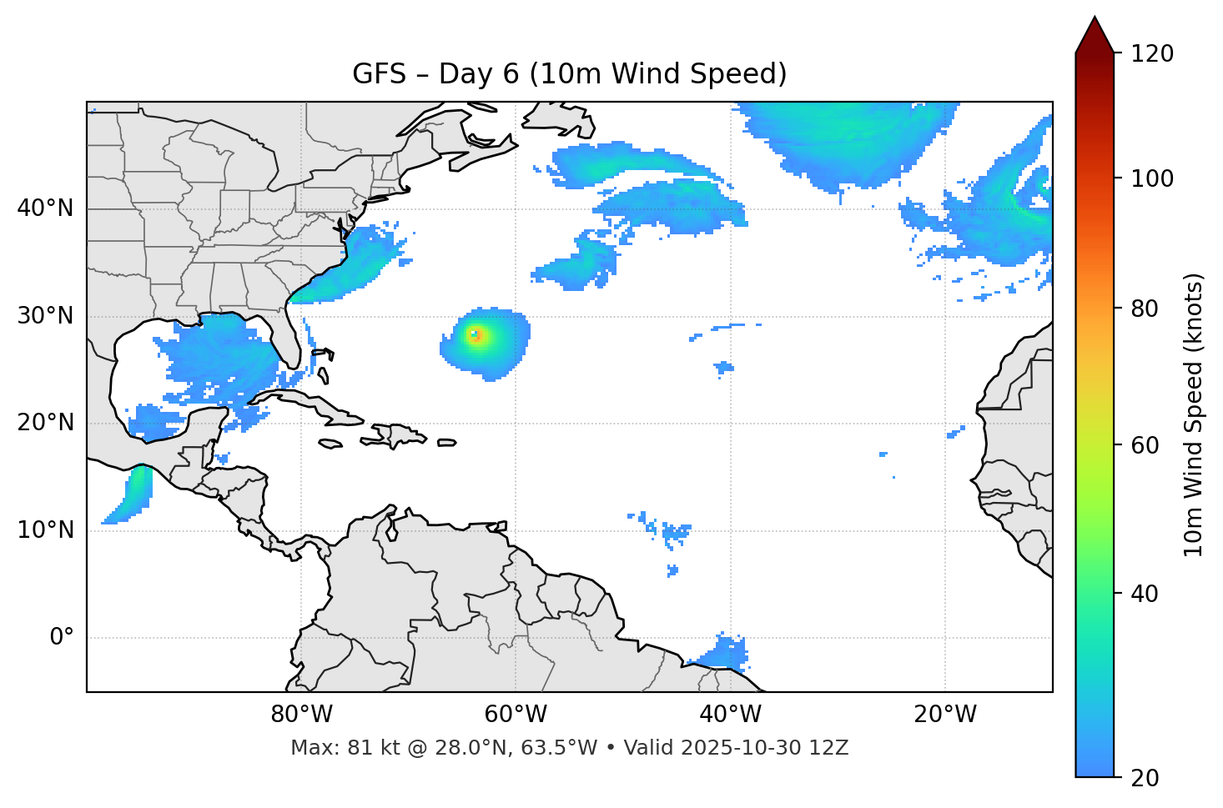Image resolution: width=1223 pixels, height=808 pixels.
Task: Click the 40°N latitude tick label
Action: (x=45, y=208)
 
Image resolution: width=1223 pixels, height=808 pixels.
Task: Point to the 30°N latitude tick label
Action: (x=45, y=316)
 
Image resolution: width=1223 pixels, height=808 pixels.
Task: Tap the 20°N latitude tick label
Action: (x=45, y=423)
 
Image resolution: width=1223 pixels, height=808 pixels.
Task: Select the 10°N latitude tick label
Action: (x=45, y=530)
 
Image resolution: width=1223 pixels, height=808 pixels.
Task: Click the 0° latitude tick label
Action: (x=62, y=638)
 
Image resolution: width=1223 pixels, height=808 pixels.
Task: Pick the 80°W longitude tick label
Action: (x=301, y=715)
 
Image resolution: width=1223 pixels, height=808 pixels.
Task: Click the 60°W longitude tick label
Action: (x=516, y=715)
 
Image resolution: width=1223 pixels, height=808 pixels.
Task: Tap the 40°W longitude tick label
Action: (x=730, y=715)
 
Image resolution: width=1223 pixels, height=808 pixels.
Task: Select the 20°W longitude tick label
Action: (x=944, y=715)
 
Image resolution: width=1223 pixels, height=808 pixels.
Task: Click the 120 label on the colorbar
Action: (x=1152, y=54)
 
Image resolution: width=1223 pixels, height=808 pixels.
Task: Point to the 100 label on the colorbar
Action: (x=1152, y=178)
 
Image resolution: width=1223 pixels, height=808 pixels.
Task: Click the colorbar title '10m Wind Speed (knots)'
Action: (x=1194, y=414)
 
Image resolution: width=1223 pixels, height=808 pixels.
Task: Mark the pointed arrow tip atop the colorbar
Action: (x=1095, y=18)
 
